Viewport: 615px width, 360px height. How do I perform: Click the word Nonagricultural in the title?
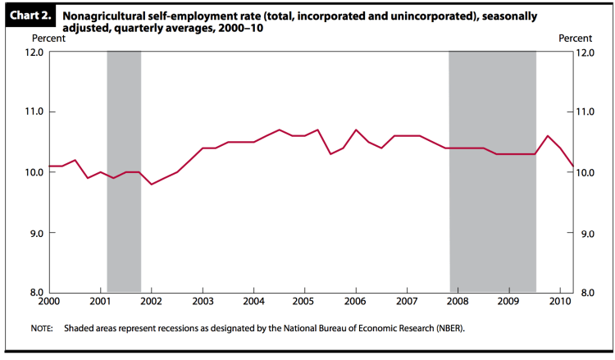(102, 15)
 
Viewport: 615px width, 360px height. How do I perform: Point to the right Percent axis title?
(575, 39)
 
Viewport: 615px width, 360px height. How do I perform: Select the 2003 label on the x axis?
(203, 303)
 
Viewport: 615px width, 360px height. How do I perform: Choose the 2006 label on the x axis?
(355, 303)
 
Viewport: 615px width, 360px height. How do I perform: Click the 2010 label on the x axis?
(559, 303)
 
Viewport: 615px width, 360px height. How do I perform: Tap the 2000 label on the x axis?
(50, 303)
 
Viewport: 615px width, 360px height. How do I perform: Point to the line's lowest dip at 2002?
(152, 184)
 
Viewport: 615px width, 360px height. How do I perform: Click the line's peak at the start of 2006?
(356, 130)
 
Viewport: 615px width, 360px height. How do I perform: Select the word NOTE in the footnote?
(42, 329)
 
